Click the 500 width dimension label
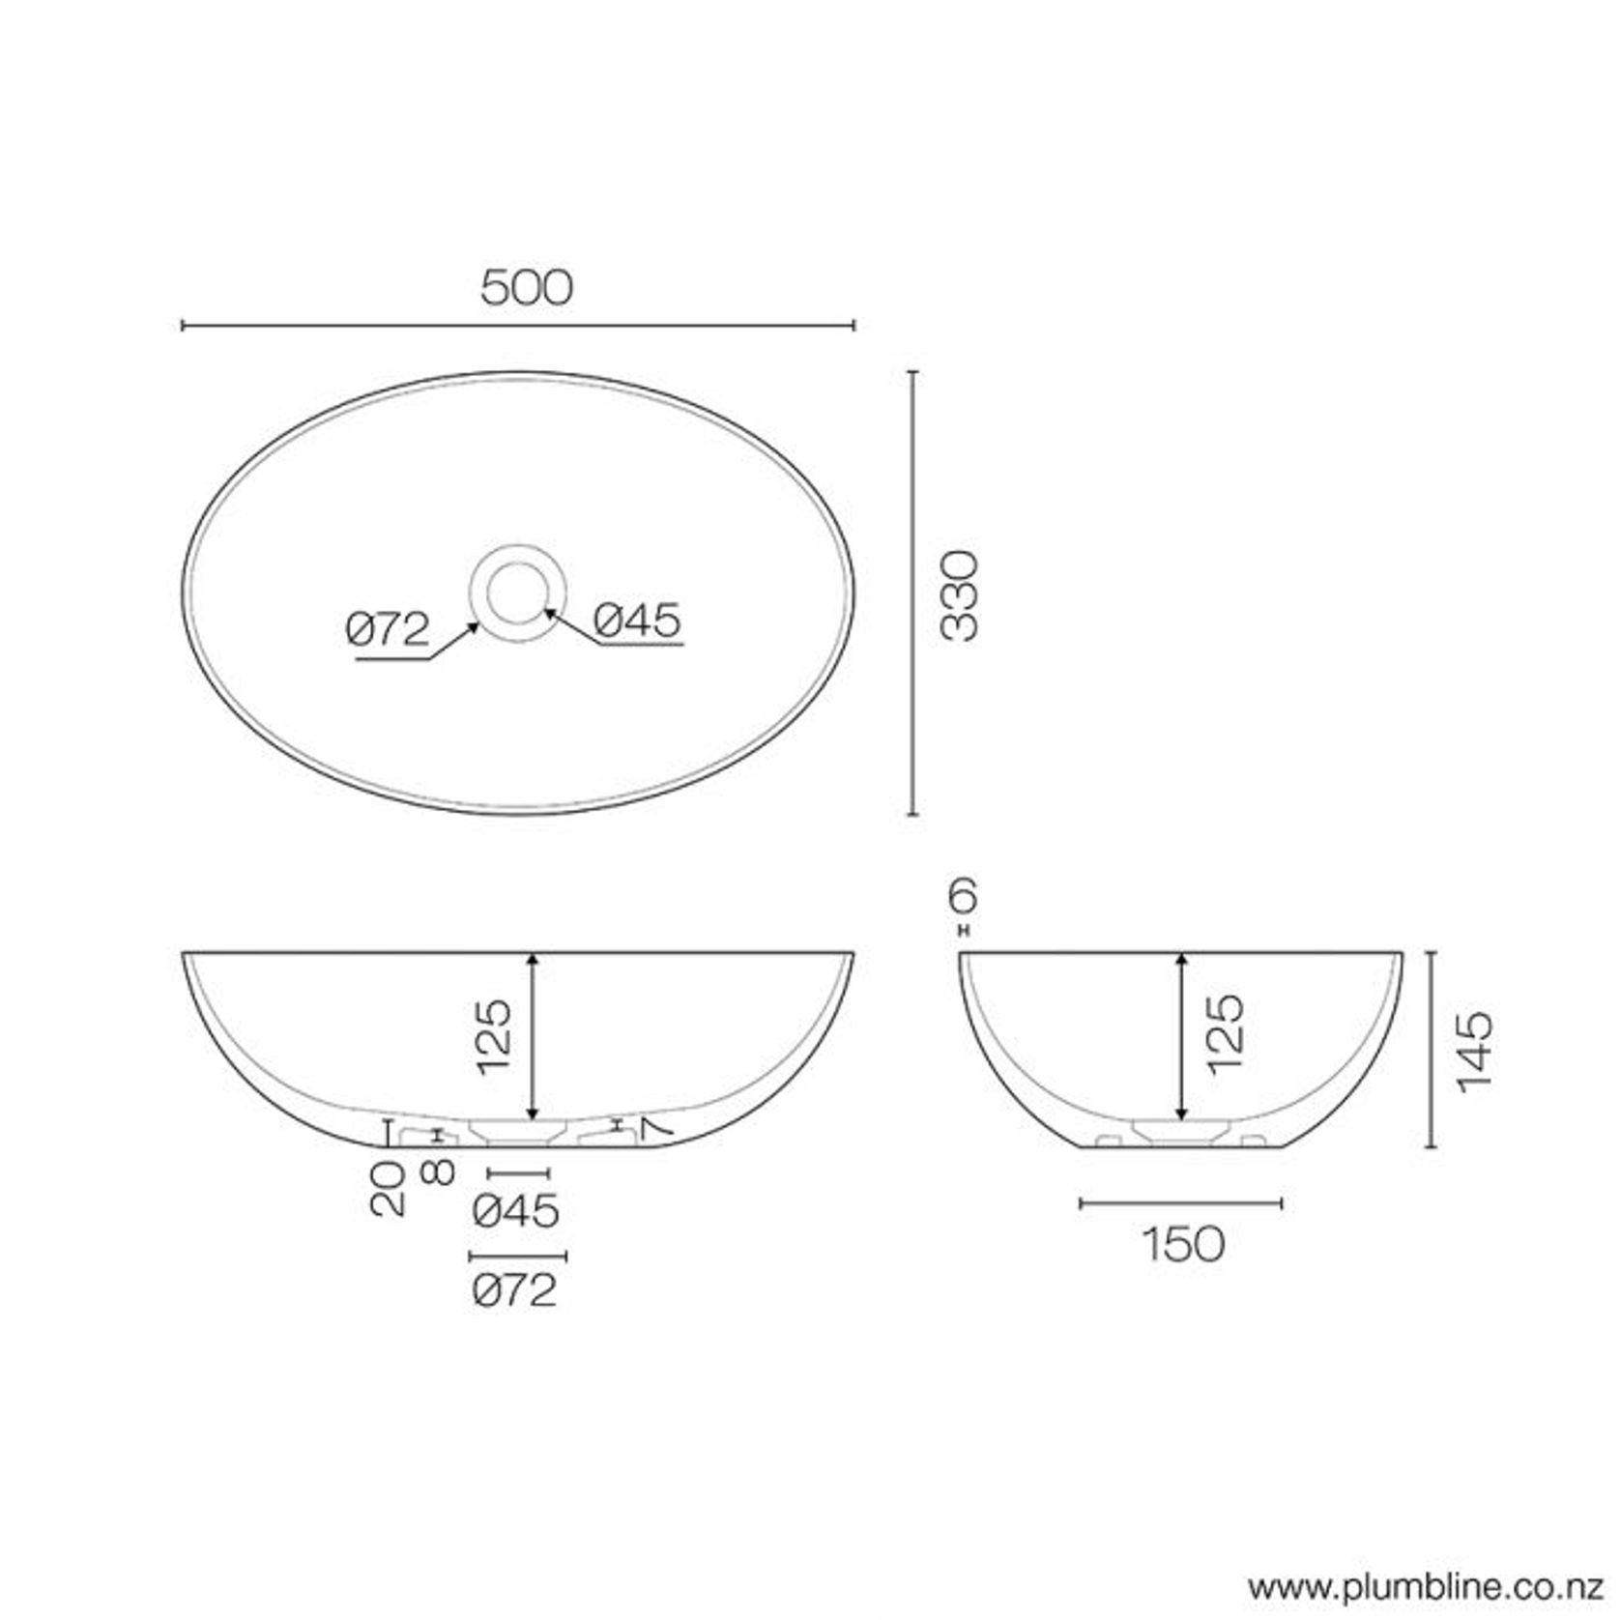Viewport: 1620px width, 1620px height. tap(526, 288)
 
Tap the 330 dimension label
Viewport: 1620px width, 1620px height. tap(961, 595)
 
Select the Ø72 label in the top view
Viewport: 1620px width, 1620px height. tap(388, 630)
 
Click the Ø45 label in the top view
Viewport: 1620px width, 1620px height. tap(638, 621)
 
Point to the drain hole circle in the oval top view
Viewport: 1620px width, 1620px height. tap(519, 592)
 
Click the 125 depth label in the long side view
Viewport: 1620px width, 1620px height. tap(493, 1036)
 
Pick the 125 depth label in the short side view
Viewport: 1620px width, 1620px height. tap(1225, 1031)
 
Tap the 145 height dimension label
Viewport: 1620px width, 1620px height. tap(1474, 1053)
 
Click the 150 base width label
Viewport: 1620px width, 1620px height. tap(1183, 1245)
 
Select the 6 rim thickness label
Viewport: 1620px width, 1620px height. tap(963, 897)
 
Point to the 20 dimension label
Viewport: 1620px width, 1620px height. tap(389, 1188)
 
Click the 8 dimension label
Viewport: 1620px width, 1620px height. tap(438, 1172)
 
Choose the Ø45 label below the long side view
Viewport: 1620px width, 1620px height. tap(517, 1211)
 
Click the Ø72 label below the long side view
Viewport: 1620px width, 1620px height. tap(516, 1289)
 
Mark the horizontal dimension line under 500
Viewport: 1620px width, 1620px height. tap(518, 326)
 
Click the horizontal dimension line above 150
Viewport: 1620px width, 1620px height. tap(1181, 1203)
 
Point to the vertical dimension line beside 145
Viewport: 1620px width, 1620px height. tap(1432, 1049)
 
